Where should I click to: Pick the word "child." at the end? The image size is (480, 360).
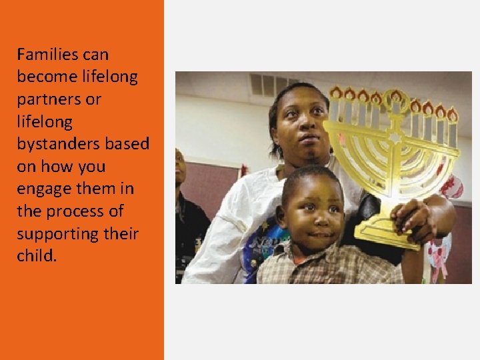click(x=37, y=256)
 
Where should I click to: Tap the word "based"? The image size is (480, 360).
click(x=130, y=144)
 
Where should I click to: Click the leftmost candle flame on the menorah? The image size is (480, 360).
click(x=335, y=92)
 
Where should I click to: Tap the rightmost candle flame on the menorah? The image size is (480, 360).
click(x=453, y=115)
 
